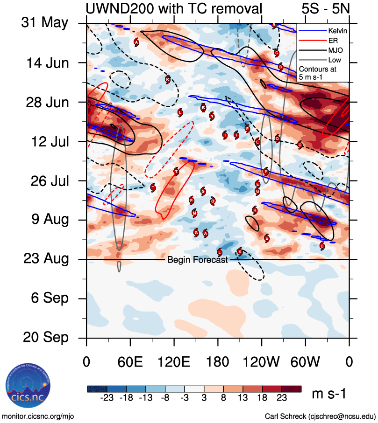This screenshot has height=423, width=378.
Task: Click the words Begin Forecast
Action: pos(197,260)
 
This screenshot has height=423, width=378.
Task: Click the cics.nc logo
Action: pos(27,388)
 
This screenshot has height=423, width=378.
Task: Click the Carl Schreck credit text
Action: pos(320,416)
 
